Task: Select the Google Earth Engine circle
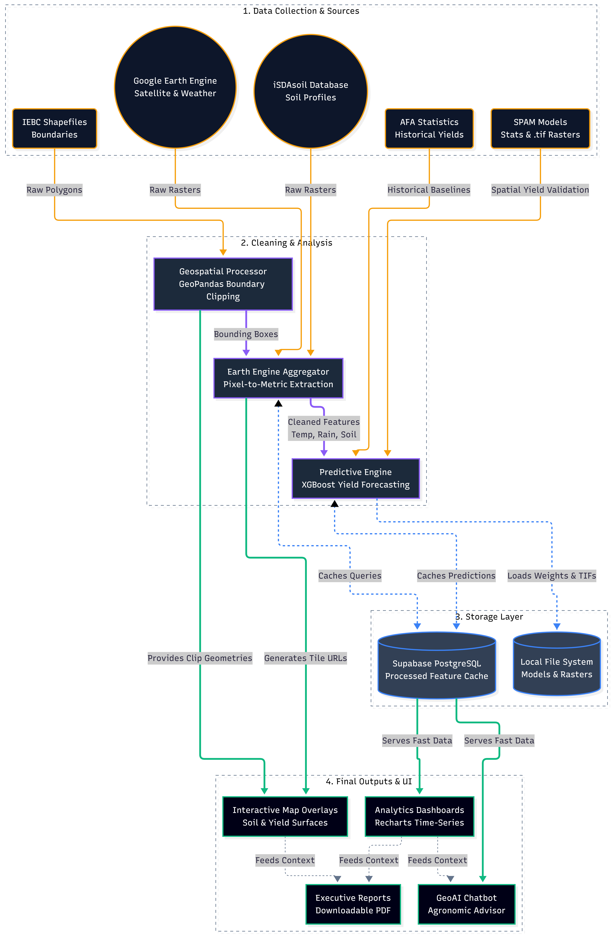click(175, 87)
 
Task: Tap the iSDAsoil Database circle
click(311, 91)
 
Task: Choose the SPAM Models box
click(540, 128)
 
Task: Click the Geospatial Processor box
click(223, 284)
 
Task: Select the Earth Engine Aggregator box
click(278, 378)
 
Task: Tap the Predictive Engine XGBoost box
click(355, 478)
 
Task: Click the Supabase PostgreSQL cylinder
click(437, 665)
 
